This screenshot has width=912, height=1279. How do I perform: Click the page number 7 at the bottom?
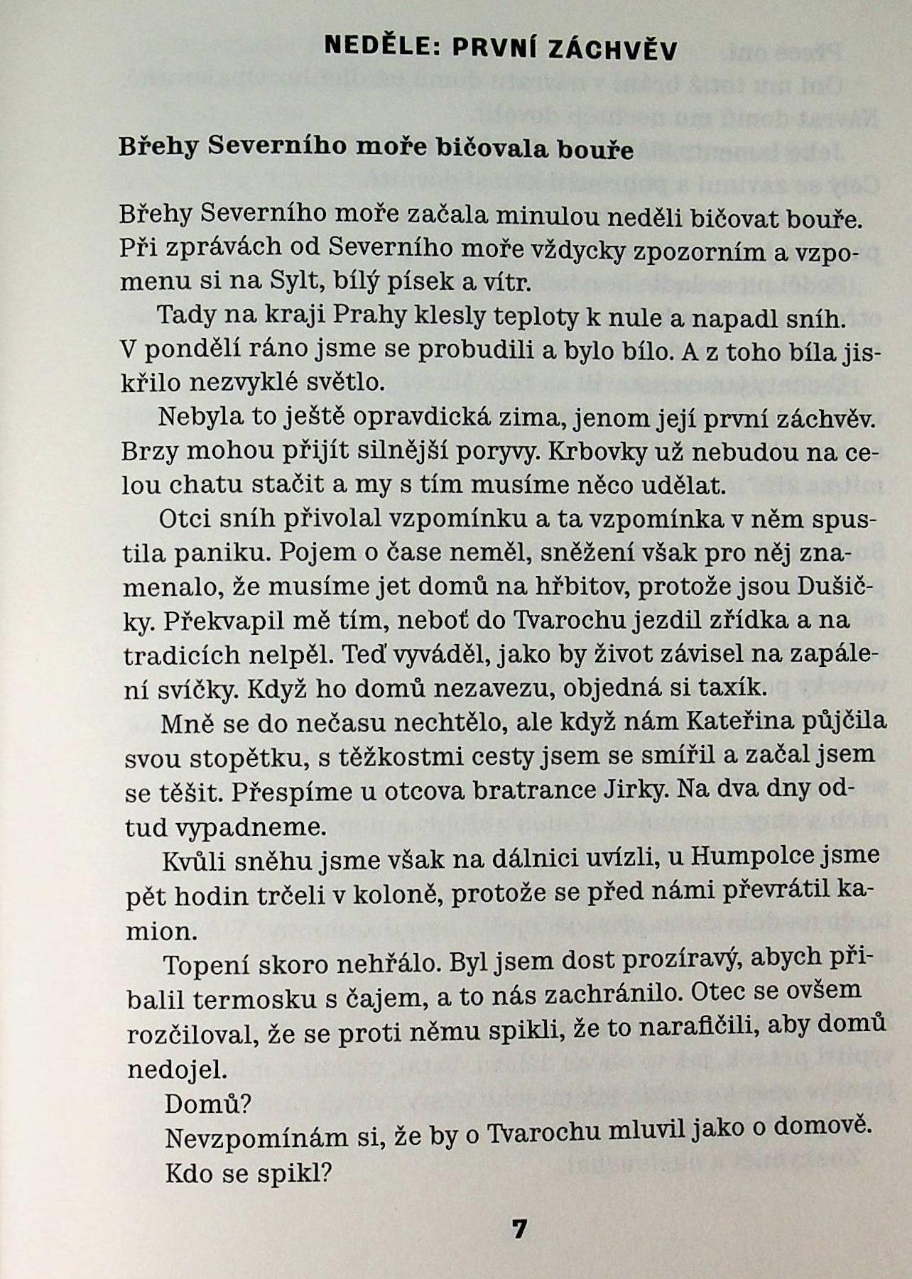(x=519, y=1229)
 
